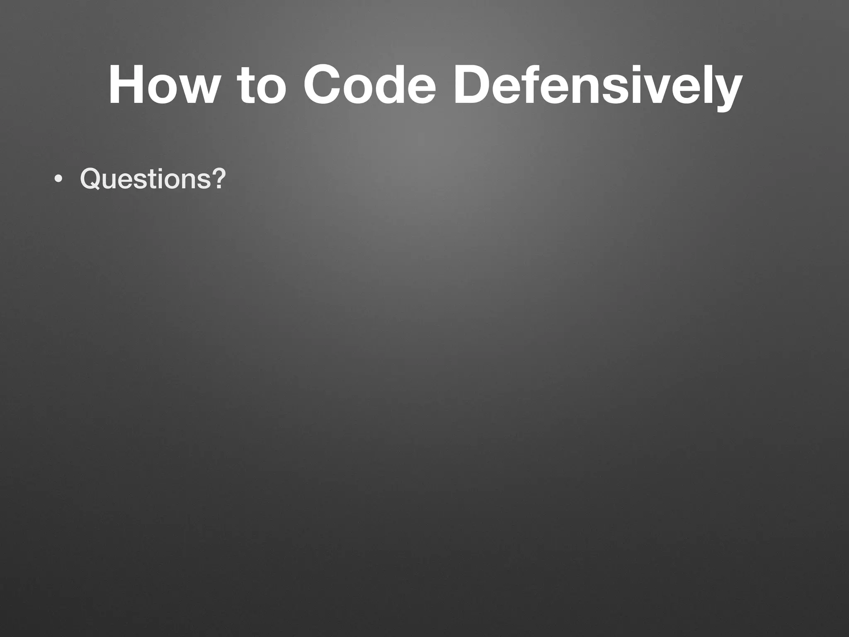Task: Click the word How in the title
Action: coord(162,85)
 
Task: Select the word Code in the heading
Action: coord(369,85)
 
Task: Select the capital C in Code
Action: coord(324,85)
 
